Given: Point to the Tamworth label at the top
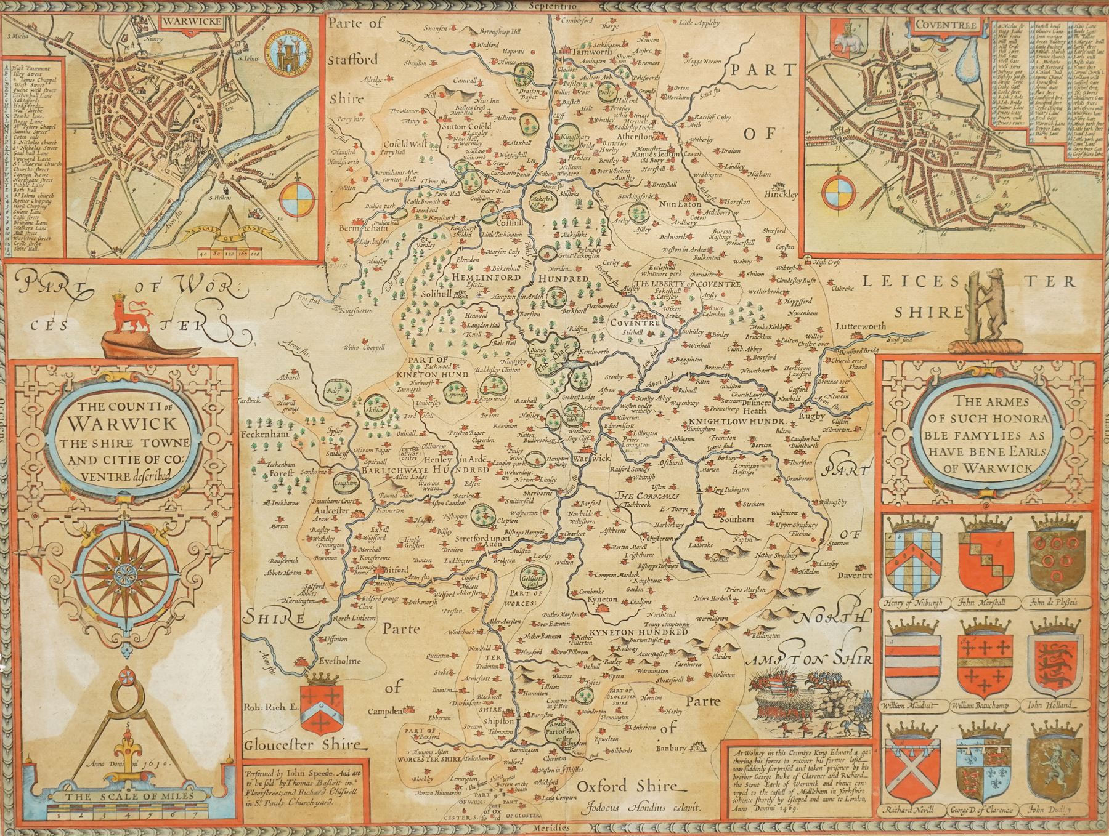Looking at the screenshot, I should coord(582,53).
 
